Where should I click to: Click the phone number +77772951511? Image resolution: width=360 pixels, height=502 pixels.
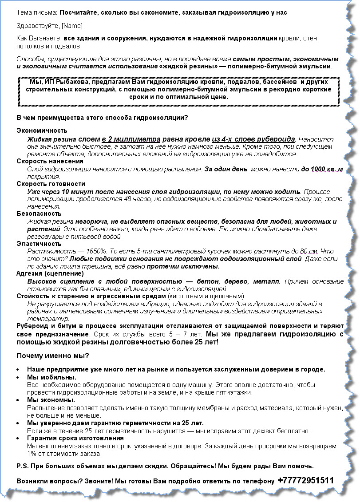pyautogui.click(x=305, y=481)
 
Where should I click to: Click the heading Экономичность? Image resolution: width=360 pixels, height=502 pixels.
pyautogui.click(x=42, y=130)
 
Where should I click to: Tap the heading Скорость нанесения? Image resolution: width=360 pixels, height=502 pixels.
pyautogui.click(x=50, y=161)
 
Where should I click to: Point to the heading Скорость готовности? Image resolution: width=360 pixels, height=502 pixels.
pyautogui.click(x=51, y=184)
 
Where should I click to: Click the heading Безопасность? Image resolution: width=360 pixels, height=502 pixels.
pyautogui.click(x=39, y=213)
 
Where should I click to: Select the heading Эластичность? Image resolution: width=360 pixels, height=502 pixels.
pyautogui.click(x=39, y=244)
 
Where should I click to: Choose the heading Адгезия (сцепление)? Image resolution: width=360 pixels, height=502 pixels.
pyautogui.click(x=50, y=273)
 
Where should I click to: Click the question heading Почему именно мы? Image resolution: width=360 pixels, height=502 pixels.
pyautogui.click(x=52, y=356)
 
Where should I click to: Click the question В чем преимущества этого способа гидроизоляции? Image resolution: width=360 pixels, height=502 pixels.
pyautogui.click(x=102, y=118)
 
